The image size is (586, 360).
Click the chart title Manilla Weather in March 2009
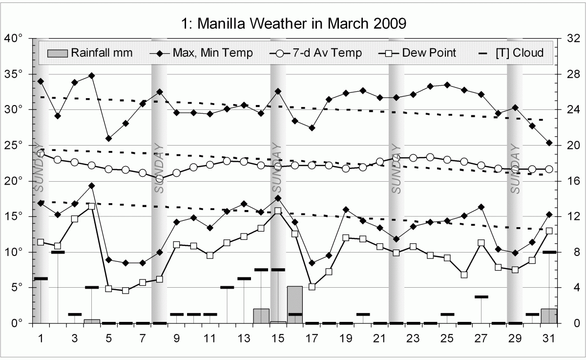293,23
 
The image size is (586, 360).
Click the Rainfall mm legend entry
90,53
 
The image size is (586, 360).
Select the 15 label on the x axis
277,339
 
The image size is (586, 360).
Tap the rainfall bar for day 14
261,316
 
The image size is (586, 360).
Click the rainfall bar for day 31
549,316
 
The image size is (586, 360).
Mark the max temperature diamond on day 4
91,76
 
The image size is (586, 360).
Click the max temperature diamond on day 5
108,138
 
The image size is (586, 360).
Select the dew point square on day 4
91,206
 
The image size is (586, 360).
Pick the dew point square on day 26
464,275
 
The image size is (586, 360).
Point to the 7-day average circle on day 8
159,179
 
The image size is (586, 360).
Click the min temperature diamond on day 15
278,198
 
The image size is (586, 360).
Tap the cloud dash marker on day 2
58,252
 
